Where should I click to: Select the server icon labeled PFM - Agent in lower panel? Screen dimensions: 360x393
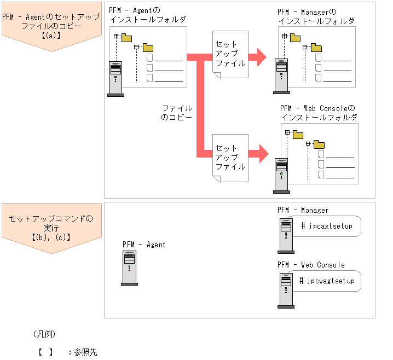[129, 268]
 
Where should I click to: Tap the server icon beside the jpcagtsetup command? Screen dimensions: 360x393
[285, 235]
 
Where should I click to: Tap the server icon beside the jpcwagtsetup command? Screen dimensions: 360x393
[285, 289]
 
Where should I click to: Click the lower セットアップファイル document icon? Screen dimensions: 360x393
[230, 157]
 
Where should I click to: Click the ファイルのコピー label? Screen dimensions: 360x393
[177, 113]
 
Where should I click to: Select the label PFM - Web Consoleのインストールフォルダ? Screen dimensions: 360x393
[318, 113]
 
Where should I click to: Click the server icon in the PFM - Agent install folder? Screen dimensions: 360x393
[115, 79]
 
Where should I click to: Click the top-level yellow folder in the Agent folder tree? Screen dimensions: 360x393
[127, 38]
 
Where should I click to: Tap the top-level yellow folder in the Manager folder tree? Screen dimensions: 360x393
[295, 38]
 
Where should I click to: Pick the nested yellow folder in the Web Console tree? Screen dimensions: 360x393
[319, 144]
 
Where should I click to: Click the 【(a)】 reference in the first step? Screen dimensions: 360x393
[51, 36]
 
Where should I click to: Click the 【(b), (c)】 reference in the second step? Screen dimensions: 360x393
[51, 237]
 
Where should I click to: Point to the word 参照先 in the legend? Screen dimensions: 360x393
[85, 352]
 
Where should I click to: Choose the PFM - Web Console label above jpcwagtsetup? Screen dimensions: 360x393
[311, 265]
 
